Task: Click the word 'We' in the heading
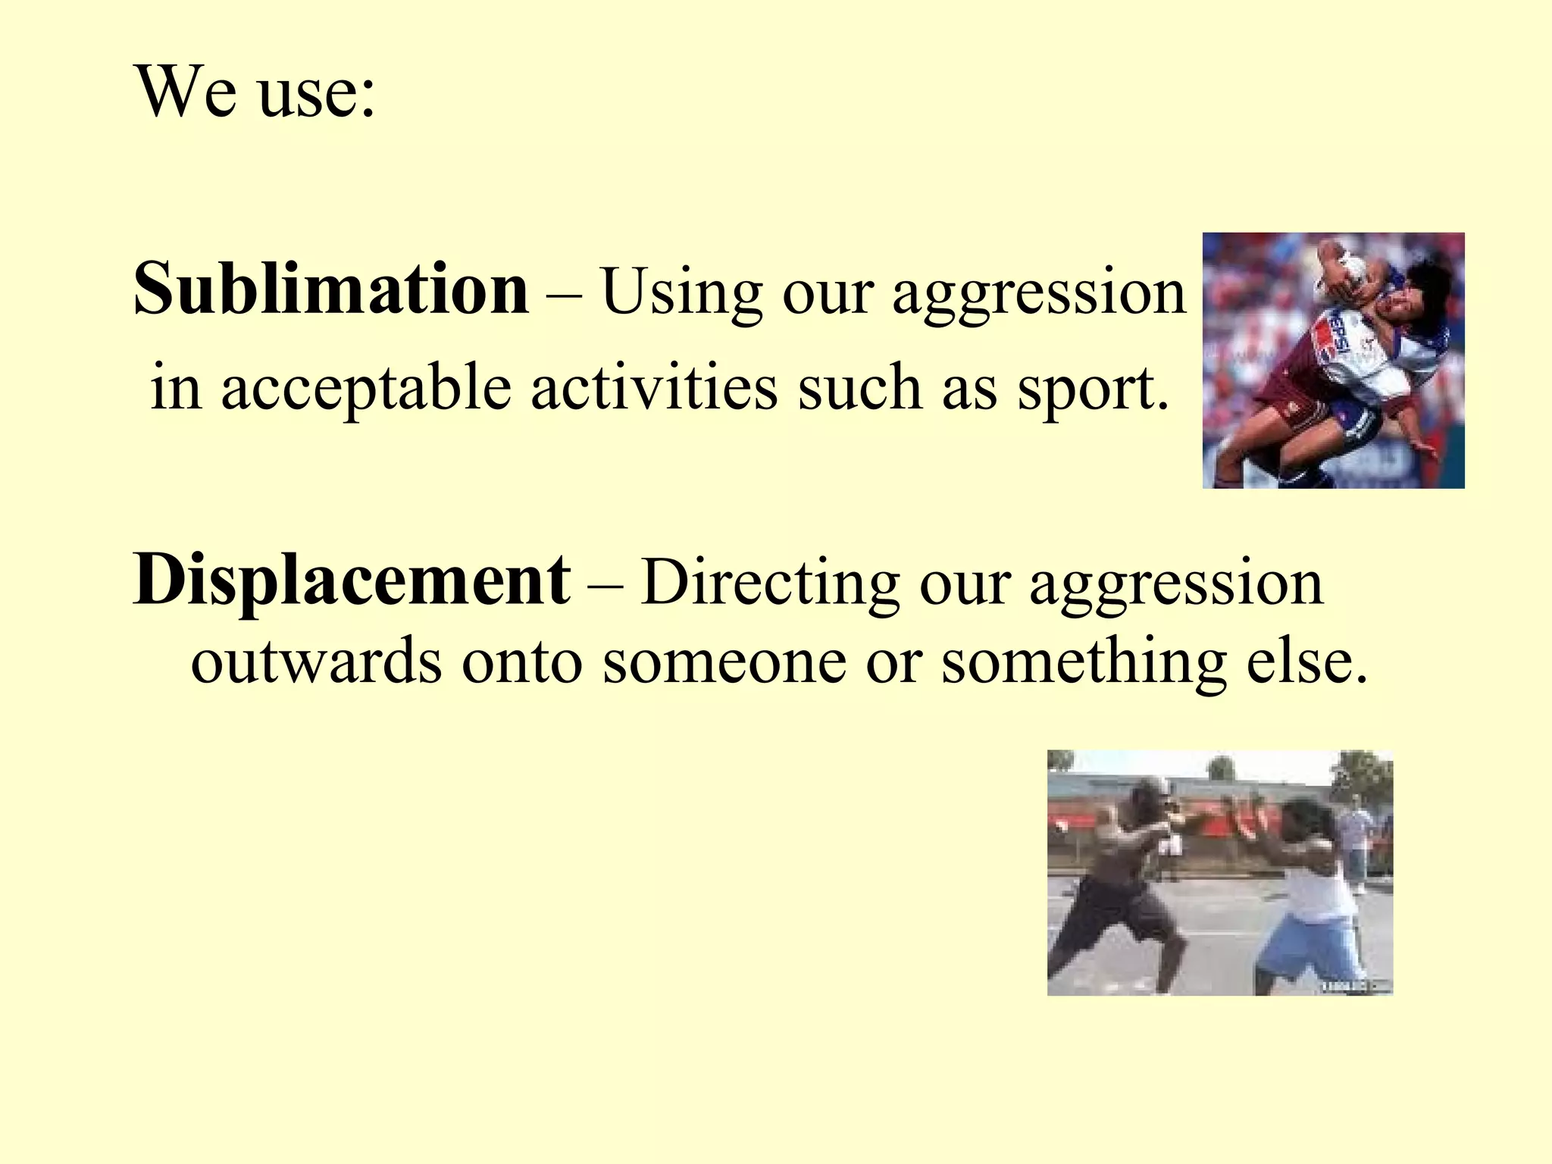(185, 92)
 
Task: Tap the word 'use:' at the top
(316, 95)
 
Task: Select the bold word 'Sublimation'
(331, 289)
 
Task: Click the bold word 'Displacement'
(352, 580)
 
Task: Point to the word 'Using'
(681, 292)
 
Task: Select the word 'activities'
(654, 387)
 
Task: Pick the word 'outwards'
(315, 661)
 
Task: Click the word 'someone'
(724, 661)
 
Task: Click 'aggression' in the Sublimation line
(1038, 294)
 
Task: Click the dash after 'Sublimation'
(564, 293)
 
